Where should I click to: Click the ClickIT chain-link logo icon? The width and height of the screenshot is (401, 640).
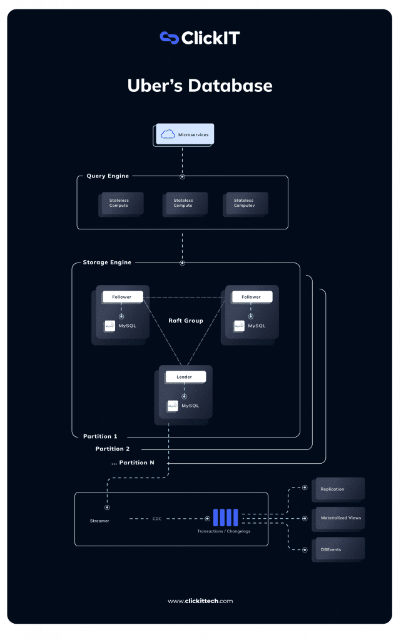[x=169, y=38]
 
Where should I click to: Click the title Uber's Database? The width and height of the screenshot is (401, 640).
[x=200, y=86]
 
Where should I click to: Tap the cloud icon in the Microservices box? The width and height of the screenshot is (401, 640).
[x=167, y=134]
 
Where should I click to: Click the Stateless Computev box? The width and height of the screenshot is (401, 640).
[x=245, y=203]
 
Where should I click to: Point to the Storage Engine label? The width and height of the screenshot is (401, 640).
[x=107, y=262]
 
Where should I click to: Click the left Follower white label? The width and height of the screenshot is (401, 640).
[x=122, y=297]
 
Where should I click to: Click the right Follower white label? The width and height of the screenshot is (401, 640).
[x=251, y=297]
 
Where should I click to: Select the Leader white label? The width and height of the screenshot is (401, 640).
[x=184, y=377]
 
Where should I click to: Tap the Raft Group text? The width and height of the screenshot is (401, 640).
[x=186, y=321]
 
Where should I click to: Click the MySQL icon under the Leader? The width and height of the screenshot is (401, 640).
[x=173, y=406]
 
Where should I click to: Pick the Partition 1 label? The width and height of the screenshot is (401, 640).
[x=100, y=436]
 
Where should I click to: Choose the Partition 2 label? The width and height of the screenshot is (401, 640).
[x=113, y=449]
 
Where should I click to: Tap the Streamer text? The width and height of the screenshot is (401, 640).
[x=99, y=521]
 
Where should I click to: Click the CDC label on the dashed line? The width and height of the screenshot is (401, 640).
[x=157, y=519]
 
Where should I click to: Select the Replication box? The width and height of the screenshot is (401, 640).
[x=337, y=489]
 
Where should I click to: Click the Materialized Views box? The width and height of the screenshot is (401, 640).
[x=338, y=518]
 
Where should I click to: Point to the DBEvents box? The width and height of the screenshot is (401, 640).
[x=337, y=549]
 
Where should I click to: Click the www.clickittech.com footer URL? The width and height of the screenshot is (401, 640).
[x=200, y=601]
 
